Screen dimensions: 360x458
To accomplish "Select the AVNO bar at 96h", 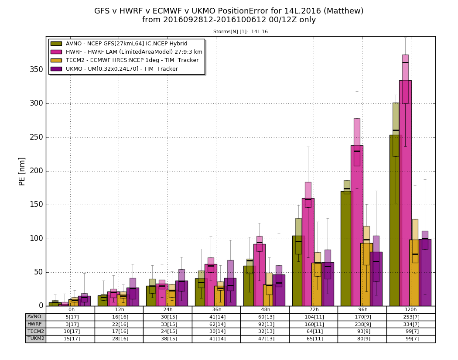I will point(346,248).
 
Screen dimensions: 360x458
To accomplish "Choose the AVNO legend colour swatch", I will point(56,44).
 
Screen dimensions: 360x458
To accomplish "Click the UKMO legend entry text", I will point(122,69).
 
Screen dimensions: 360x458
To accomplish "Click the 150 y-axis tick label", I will point(37,205).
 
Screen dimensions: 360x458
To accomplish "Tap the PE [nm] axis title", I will point(22,171).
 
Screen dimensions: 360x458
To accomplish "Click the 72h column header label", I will point(313,310).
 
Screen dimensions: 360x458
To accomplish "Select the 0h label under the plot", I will point(71,310).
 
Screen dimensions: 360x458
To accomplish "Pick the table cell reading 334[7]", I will point(410,324).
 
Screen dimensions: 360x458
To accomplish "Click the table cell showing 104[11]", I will point(313,317).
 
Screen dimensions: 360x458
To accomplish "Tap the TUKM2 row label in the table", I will point(35,339).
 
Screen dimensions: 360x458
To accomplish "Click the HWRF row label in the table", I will point(34,324).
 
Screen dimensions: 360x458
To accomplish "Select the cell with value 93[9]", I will point(362,332).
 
